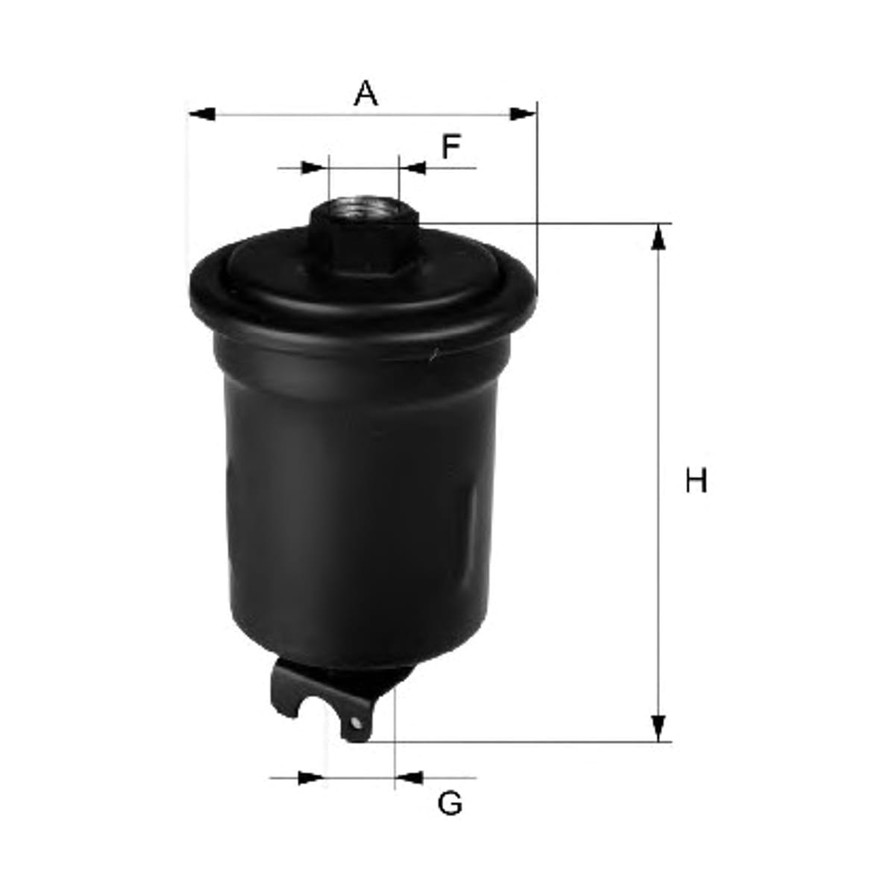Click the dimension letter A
click(x=365, y=93)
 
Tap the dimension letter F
click(x=450, y=146)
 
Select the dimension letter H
click(x=696, y=481)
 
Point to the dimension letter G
click(x=450, y=804)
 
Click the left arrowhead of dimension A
click(x=203, y=114)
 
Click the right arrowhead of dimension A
click(x=523, y=114)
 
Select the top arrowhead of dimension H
click(x=658, y=237)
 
